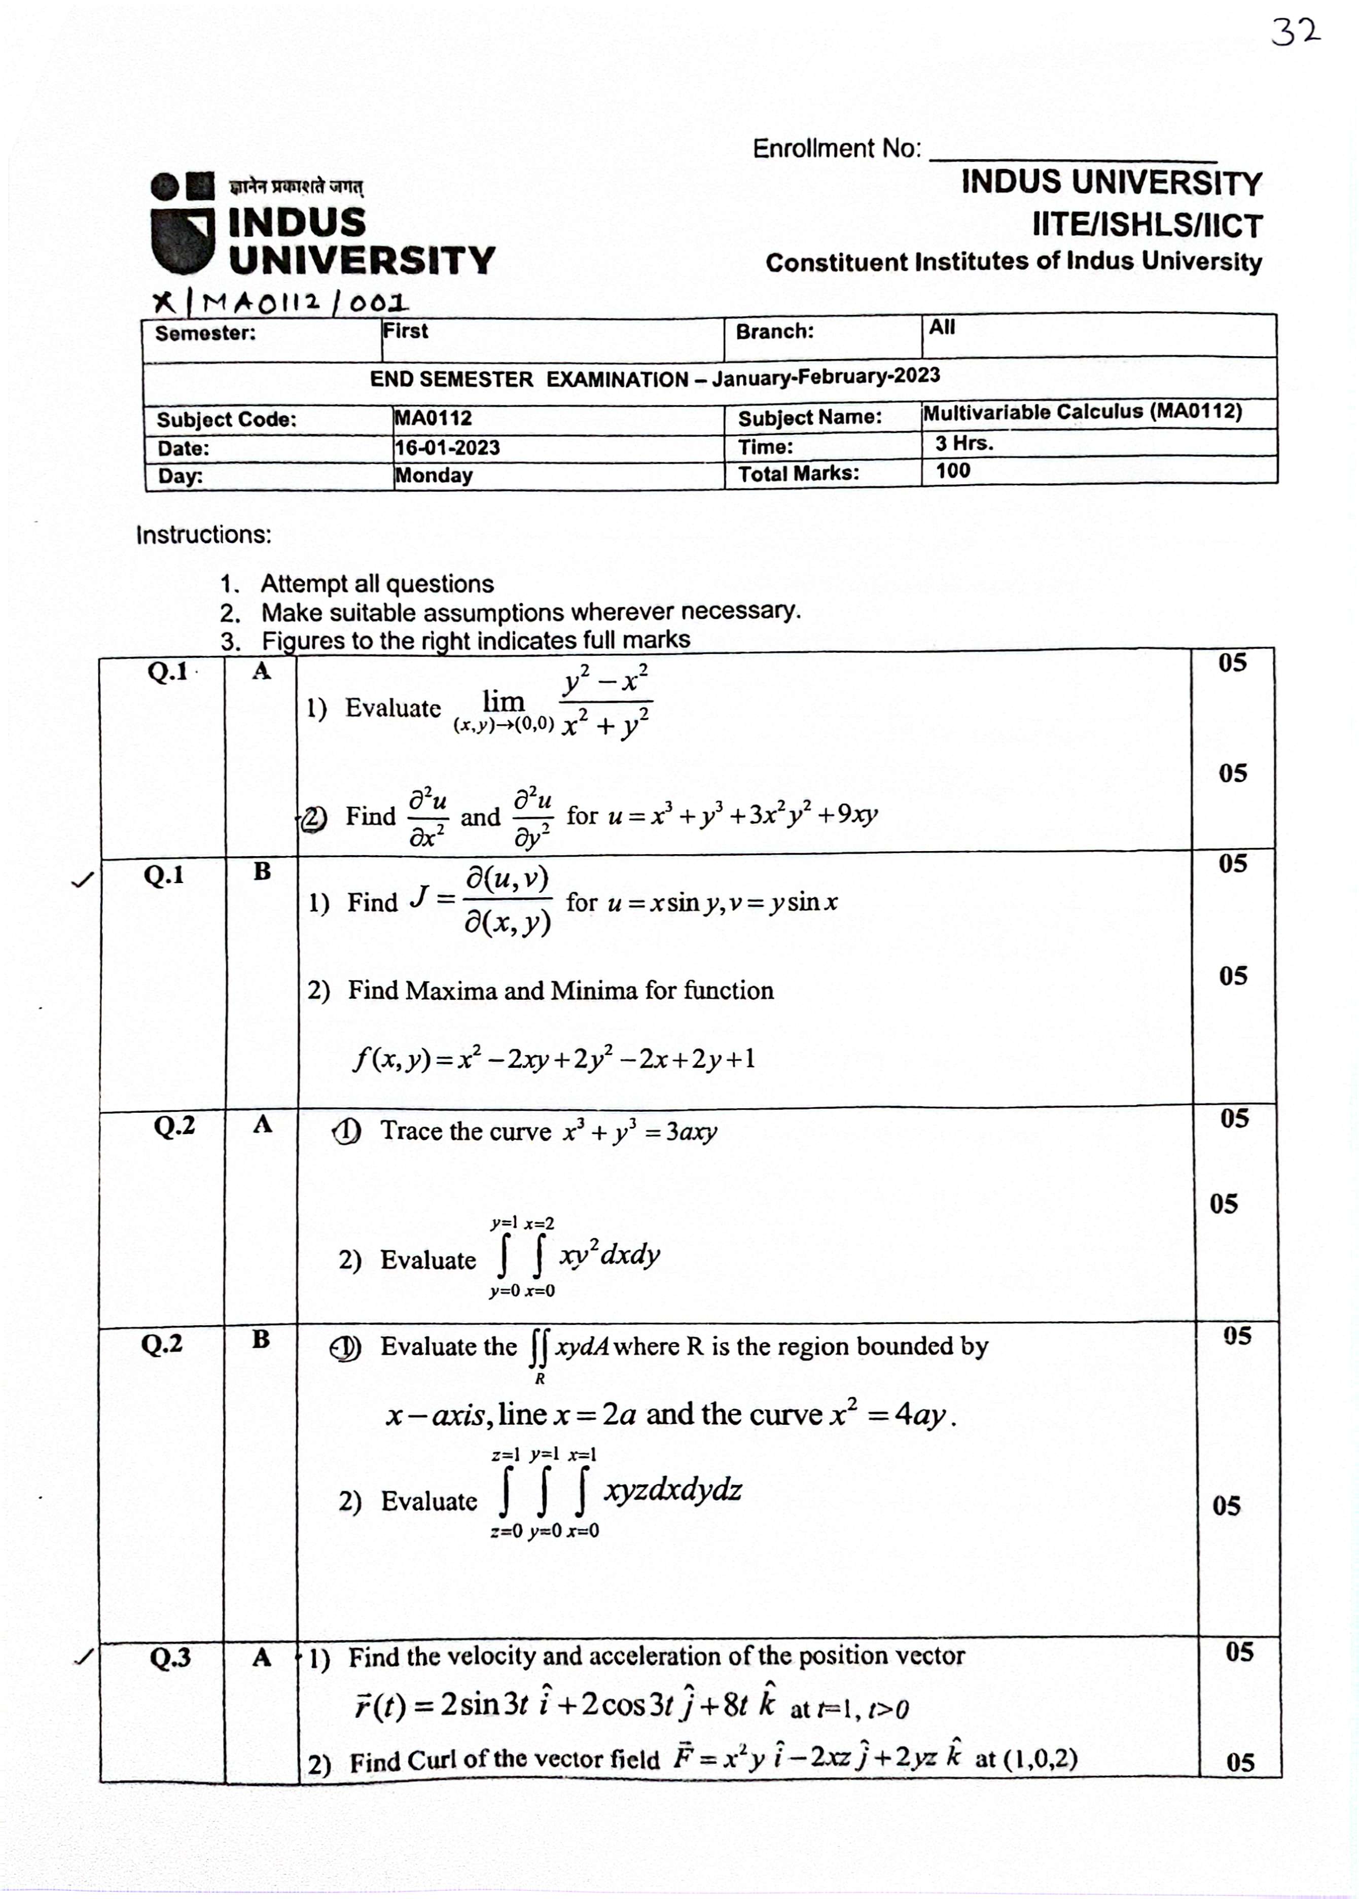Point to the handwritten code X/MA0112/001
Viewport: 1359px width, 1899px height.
pyautogui.click(x=281, y=303)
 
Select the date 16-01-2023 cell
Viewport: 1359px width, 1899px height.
pyautogui.click(x=447, y=448)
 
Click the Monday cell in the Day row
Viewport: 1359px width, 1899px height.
pyautogui.click(x=434, y=475)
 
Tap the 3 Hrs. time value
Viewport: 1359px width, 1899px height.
pyautogui.click(x=964, y=443)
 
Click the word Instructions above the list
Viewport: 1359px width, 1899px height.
pyautogui.click(x=204, y=535)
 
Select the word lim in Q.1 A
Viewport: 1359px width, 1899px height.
pyautogui.click(x=503, y=701)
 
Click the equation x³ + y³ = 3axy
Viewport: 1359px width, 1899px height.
pyautogui.click(x=639, y=1132)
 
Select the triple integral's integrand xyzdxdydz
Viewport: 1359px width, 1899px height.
pyautogui.click(x=672, y=1490)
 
